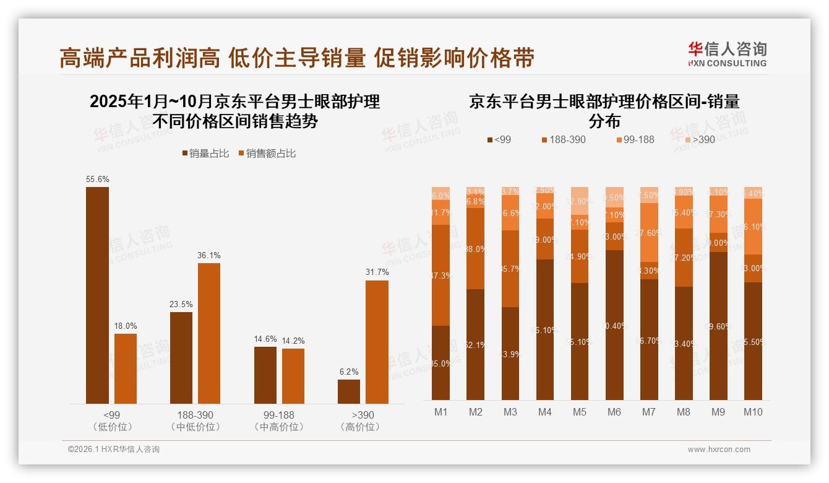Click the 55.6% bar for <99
(x=97, y=295)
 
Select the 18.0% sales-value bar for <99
(x=126, y=368)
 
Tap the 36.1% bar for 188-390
(x=209, y=333)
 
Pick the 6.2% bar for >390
(x=349, y=391)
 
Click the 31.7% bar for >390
(x=377, y=342)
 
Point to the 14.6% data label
(x=265, y=339)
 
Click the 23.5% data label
(x=181, y=305)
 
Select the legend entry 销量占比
(x=204, y=154)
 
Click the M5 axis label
(x=579, y=412)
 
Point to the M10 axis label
(x=752, y=412)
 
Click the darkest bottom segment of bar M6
(x=614, y=325)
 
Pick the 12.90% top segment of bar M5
(x=580, y=201)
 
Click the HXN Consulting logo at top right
(x=727, y=54)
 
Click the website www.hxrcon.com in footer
(x=719, y=450)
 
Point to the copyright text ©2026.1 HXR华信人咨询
(x=113, y=450)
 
